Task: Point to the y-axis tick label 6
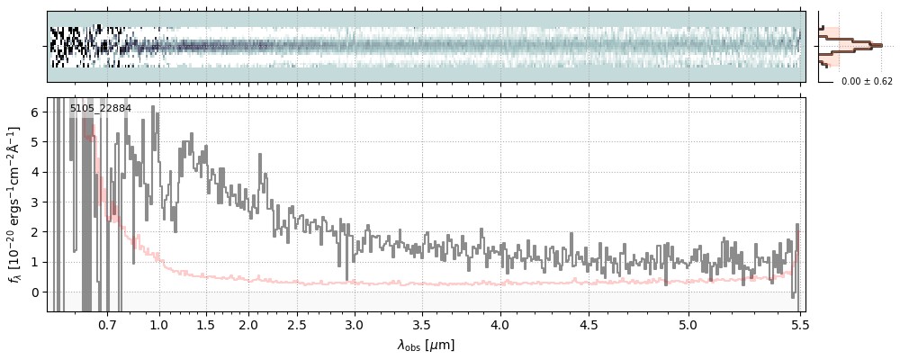[35, 112]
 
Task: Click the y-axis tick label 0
[35, 292]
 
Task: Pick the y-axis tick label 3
[35, 202]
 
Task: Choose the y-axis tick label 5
[35, 142]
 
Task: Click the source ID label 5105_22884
[101, 109]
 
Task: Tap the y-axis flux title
[14, 203]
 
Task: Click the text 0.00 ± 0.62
[867, 82]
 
